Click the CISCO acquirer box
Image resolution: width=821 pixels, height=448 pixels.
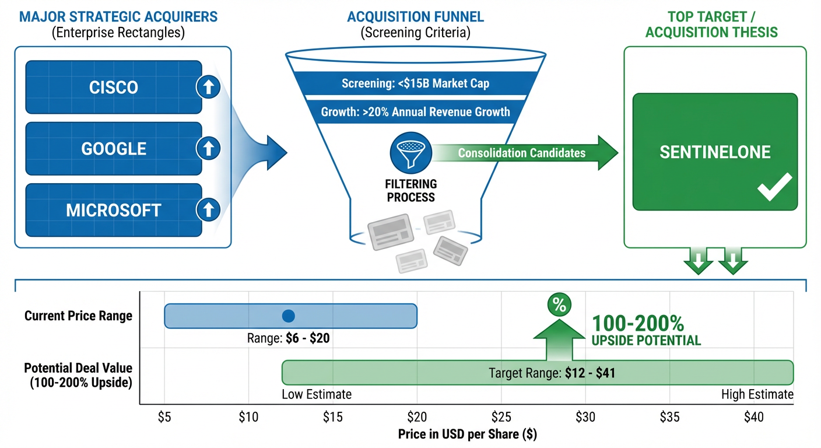pos(114,87)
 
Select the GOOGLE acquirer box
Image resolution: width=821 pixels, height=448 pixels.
pos(114,148)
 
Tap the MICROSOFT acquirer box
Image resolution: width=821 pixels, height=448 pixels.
pos(114,209)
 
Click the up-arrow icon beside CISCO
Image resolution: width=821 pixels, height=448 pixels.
pos(208,87)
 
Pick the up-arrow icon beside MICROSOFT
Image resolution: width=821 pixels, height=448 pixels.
pos(208,208)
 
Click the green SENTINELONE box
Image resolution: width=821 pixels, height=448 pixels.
pos(715,152)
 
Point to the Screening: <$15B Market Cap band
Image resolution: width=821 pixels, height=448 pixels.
pos(415,83)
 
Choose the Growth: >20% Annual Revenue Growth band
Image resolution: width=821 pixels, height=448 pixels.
pos(415,111)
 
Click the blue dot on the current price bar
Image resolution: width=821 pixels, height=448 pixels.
pos(288,316)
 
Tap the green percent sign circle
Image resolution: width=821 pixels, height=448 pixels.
pos(559,304)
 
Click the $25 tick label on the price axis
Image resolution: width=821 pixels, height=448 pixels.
pos(501,418)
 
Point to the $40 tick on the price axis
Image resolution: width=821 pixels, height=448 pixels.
pos(753,418)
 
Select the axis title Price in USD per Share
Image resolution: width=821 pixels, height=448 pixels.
pos(467,435)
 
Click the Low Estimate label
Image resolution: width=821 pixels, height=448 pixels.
pos(317,394)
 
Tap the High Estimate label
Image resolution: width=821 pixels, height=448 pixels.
pos(757,394)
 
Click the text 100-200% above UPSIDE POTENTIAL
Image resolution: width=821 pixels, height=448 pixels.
pos(637,324)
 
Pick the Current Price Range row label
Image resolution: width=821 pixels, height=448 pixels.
pos(78,316)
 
